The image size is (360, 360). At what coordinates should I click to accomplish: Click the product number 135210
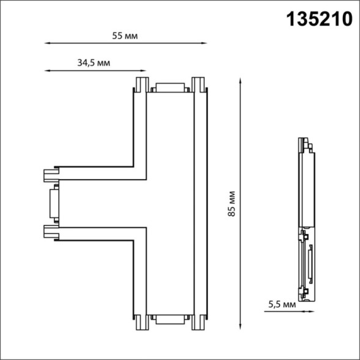point(320,20)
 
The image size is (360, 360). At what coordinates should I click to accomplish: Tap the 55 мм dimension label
point(125,36)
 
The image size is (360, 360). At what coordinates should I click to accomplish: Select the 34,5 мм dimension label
point(94,63)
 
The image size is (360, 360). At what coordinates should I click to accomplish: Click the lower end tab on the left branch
point(50,230)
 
